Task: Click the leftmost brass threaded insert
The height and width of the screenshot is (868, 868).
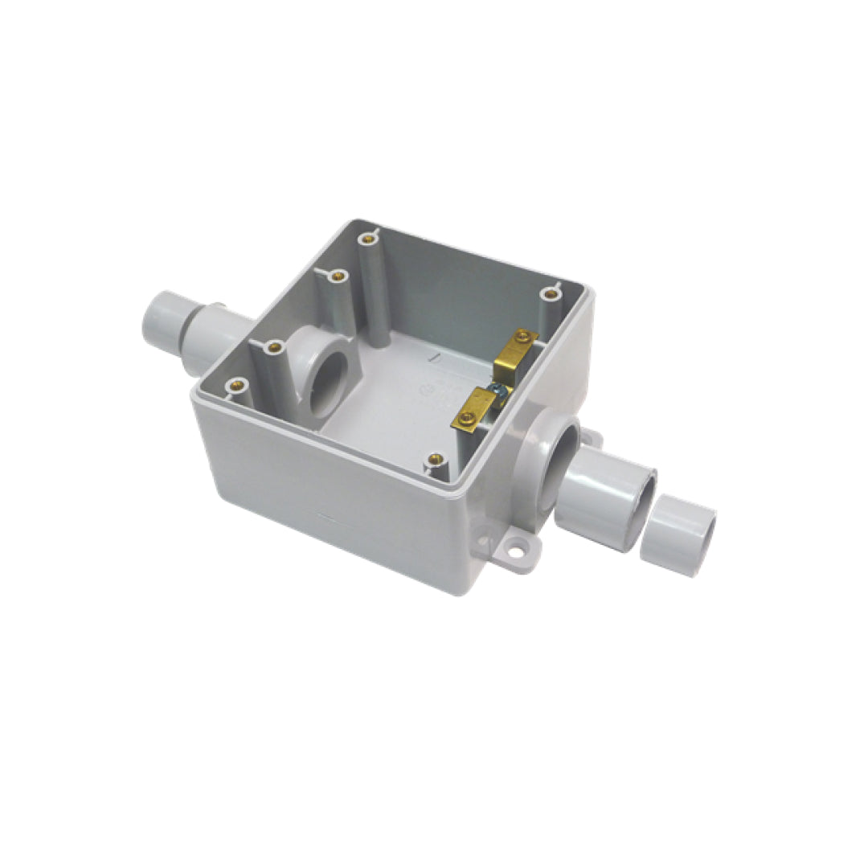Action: click(235, 384)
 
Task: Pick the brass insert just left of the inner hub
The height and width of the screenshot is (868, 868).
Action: click(275, 347)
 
